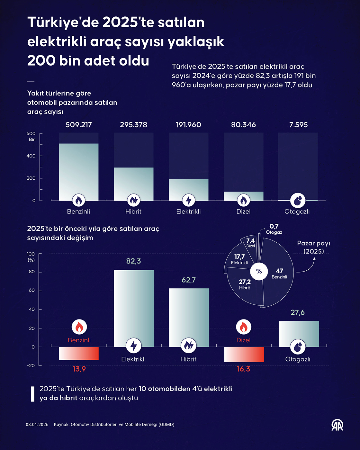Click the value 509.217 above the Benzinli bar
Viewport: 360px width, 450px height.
point(79,125)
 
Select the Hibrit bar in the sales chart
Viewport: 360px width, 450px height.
point(133,183)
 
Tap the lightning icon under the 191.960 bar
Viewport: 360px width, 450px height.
point(188,201)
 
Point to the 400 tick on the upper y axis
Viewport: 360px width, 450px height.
point(31,156)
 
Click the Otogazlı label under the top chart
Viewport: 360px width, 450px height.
point(297,212)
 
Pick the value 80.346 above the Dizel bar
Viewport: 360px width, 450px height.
point(243,125)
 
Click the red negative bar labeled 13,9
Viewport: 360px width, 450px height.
point(79,353)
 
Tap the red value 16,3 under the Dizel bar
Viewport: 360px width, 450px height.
point(243,369)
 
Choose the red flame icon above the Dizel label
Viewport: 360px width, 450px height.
point(243,327)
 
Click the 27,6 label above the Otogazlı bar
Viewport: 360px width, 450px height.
point(297,312)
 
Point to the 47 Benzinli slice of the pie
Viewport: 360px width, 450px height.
point(279,273)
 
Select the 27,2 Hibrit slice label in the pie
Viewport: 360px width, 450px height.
point(245,284)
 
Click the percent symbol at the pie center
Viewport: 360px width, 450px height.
point(259,271)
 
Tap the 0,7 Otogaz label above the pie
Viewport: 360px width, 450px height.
point(274,229)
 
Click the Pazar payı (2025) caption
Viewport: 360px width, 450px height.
point(313,247)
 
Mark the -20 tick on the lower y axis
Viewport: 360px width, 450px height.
point(31,365)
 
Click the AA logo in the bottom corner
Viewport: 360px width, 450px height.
point(337,425)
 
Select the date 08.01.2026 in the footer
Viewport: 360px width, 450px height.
point(37,425)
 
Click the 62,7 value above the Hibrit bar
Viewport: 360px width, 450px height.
point(188,280)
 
